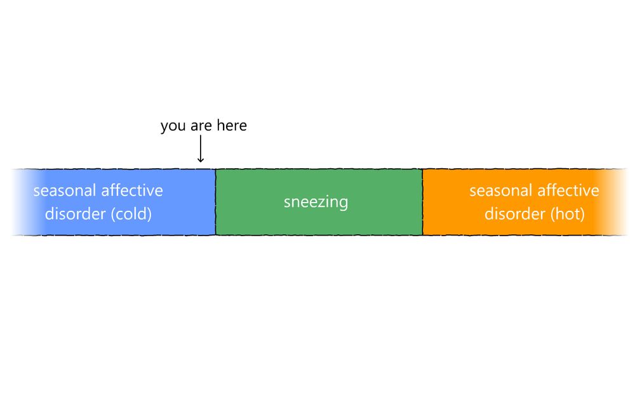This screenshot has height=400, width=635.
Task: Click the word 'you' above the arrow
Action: point(173,126)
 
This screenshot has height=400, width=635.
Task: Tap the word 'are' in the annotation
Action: point(201,126)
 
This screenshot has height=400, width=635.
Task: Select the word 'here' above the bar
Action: point(232,126)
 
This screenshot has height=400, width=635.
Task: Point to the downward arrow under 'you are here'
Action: point(201,149)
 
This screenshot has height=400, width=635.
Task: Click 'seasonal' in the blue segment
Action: point(64,190)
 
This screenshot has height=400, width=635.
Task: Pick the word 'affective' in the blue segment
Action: point(132,190)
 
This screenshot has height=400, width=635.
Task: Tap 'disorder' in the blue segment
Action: point(76,213)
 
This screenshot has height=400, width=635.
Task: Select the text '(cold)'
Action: point(131,214)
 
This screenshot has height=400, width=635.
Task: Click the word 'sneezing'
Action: point(316,202)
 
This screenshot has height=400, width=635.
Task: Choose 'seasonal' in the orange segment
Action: point(500,190)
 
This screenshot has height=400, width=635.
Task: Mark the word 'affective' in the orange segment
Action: point(568,190)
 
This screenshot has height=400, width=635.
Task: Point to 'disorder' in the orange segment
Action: point(515,213)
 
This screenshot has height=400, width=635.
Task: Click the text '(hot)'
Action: point(568,214)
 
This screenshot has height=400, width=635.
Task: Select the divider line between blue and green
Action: point(215,202)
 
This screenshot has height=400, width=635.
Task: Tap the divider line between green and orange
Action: point(422,202)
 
